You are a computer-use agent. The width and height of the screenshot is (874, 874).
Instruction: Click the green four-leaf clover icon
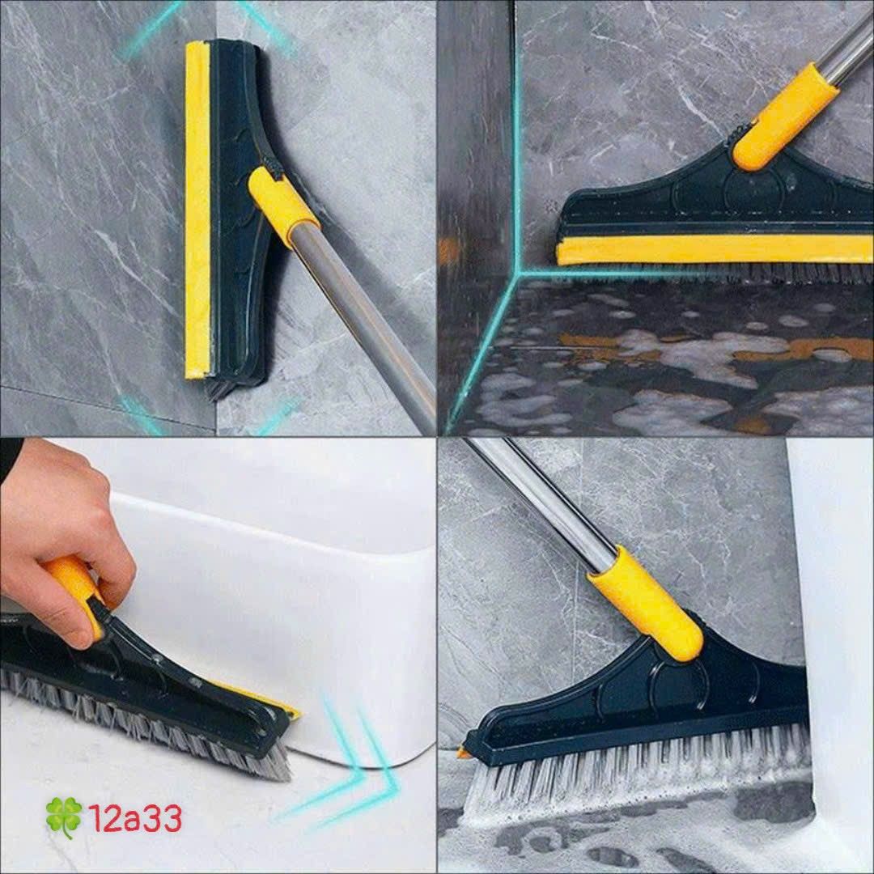[64, 817]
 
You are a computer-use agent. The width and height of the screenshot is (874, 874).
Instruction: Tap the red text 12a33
[135, 819]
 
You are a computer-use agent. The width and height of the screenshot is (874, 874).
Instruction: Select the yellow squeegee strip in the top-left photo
[197, 210]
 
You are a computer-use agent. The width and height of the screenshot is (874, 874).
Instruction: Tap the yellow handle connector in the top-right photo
[785, 117]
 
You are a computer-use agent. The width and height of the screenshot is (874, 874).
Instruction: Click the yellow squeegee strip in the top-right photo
[712, 249]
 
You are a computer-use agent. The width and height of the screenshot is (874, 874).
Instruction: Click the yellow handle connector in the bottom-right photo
[647, 603]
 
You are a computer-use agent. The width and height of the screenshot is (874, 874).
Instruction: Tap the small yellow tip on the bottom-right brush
[464, 753]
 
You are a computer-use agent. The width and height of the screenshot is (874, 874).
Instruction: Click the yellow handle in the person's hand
[77, 587]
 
